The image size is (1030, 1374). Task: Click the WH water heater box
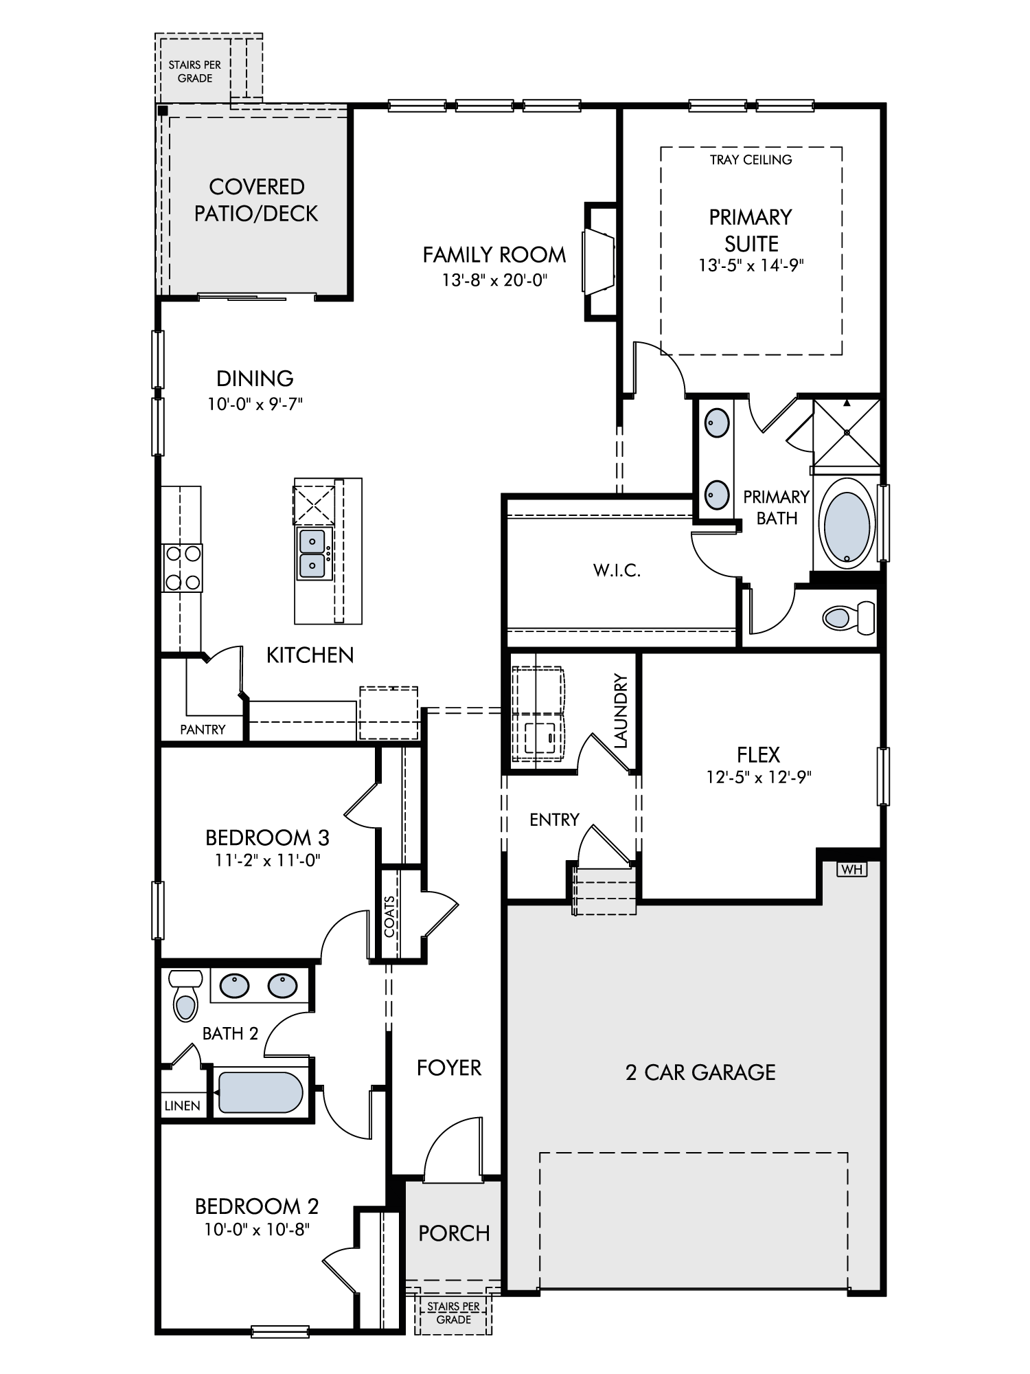[852, 870]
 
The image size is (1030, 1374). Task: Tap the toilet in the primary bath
[849, 618]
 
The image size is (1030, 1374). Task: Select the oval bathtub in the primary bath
[847, 524]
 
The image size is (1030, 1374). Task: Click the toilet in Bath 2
[185, 995]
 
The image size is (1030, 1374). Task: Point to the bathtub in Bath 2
[260, 1092]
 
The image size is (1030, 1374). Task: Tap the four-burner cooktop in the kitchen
[183, 567]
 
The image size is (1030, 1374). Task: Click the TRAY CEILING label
[751, 160]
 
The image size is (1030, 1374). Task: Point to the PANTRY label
[203, 730]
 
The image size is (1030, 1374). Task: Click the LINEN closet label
[183, 1105]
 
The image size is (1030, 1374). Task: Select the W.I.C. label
[617, 570]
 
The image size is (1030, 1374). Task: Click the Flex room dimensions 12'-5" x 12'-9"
[759, 777]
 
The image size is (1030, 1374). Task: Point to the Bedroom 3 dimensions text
[268, 859]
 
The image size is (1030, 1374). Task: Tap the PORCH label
[454, 1233]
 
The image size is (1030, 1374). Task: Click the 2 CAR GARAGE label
[700, 1072]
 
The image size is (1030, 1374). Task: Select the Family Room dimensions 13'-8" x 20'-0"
[494, 280]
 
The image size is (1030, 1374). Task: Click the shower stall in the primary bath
[847, 432]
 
